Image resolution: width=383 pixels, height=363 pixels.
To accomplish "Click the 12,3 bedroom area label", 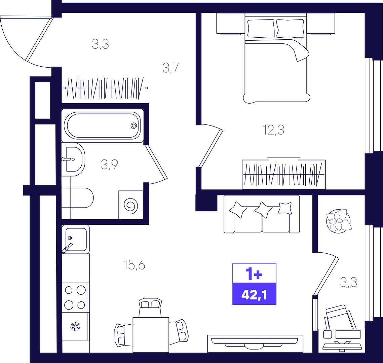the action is coord(274,130).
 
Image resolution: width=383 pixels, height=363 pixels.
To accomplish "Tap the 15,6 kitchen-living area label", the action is coord(135,265).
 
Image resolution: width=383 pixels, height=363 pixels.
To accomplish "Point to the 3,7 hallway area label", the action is coord(171,68).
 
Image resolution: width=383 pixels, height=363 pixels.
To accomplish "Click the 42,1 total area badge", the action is coord(254,295).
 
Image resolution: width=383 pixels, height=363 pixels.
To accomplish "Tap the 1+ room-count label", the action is coord(254,274).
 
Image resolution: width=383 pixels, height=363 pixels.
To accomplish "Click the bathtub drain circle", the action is coord(133,125).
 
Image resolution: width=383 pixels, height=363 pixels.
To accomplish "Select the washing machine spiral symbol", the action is coord(131,205).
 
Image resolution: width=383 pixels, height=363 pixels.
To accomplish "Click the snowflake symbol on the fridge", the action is coord(75,326).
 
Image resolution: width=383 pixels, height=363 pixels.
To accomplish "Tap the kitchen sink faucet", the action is coord(67,248).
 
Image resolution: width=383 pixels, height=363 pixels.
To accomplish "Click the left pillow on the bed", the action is coord(261,29).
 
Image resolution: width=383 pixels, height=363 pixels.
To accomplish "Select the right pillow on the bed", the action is coord(290,28).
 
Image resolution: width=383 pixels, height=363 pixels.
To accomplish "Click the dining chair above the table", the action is coord(150,307).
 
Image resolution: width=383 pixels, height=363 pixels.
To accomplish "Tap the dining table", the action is coord(151,335).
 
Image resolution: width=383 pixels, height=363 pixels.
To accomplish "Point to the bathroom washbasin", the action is coord(73,159).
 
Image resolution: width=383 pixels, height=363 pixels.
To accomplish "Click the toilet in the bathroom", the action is coord(77,198).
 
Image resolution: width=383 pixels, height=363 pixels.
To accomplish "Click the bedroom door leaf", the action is coord(210,148).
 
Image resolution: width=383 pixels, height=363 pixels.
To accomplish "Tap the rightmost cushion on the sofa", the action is coord(285,208).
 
